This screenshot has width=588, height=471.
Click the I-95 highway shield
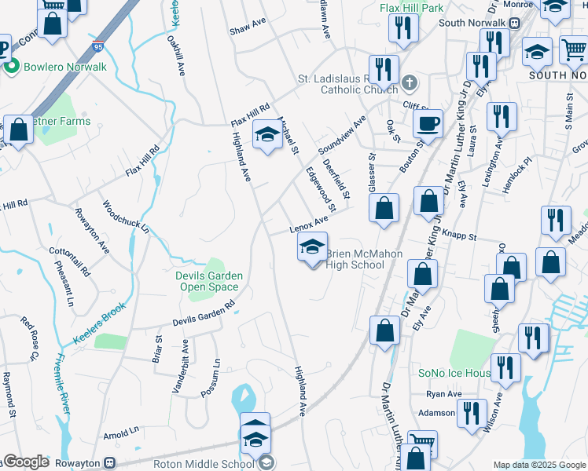pyautogui.click(x=97, y=46)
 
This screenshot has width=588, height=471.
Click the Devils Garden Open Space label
pyautogui.click(x=208, y=281)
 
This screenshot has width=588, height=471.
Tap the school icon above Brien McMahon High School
pyautogui.click(x=312, y=247)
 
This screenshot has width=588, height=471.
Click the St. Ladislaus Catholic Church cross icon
pyautogui.click(x=409, y=82)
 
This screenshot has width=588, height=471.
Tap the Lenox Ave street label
pyautogui.click(x=307, y=225)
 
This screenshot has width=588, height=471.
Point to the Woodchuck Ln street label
pyautogui.click(x=125, y=217)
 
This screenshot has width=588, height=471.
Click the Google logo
pyautogui.click(x=26, y=462)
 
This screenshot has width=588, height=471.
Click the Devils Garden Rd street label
pyautogui.click(x=204, y=316)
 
